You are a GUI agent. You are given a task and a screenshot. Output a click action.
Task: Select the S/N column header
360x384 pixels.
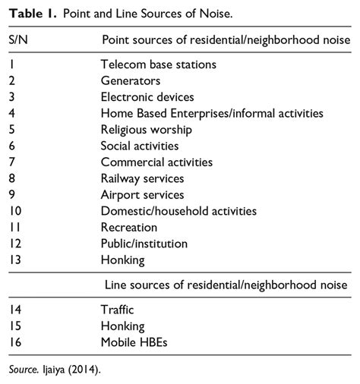(x=20, y=39)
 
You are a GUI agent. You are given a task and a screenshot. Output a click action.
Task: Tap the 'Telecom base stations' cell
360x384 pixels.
(x=158, y=65)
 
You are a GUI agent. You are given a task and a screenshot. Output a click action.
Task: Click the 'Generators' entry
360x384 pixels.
(x=130, y=80)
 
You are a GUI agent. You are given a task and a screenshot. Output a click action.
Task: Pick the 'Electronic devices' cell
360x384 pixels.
(x=147, y=97)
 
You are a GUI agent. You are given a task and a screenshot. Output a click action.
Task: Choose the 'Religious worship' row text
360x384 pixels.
(x=146, y=130)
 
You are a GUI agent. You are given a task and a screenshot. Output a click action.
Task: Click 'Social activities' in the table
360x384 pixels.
(x=139, y=146)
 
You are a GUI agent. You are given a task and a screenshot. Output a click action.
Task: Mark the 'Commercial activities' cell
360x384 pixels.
(x=156, y=162)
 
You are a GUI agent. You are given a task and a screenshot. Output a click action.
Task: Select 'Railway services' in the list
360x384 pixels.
(x=142, y=178)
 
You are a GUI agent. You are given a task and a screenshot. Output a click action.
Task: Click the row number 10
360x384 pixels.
(x=17, y=211)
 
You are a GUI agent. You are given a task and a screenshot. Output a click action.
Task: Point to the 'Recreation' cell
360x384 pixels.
(x=129, y=227)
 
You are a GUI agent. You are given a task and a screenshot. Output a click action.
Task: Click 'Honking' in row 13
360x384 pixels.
(x=122, y=260)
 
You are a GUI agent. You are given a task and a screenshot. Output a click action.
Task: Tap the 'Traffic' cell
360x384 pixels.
(x=118, y=310)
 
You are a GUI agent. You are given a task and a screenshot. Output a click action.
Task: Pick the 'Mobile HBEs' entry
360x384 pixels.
(x=134, y=342)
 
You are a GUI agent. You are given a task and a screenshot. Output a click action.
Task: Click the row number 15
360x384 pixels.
(x=17, y=326)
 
